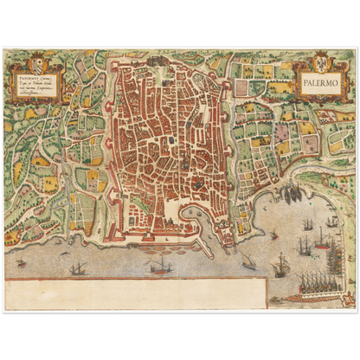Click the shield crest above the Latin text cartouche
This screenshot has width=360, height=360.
pyautogui.click(x=37, y=65)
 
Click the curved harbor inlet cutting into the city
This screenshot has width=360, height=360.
pyautogui.click(x=189, y=212)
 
